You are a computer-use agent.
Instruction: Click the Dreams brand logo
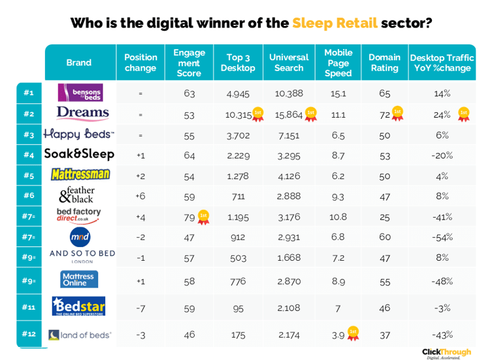[x=82, y=114]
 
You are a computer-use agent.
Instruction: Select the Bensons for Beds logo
[x=80, y=93]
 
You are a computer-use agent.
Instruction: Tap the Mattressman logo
[x=80, y=175]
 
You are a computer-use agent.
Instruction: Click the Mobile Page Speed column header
[x=338, y=63]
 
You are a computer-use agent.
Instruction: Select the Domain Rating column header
[x=384, y=63]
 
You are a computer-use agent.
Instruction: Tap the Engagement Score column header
[x=189, y=63]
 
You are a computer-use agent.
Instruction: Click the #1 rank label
[x=29, y=93]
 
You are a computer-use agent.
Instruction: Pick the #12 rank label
[x=29, y=335]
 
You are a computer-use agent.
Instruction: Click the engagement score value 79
[x=189, y=216]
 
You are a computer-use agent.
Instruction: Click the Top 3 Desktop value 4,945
[x=238, y=93]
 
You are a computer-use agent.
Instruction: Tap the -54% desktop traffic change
[x=442, y=237]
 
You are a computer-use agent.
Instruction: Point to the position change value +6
[x=140, y=195]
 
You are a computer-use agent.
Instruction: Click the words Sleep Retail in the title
[x=335, y=23]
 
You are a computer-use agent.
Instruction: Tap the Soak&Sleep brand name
[x=79, y=154]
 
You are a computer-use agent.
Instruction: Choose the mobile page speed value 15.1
[x=338, y=93]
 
